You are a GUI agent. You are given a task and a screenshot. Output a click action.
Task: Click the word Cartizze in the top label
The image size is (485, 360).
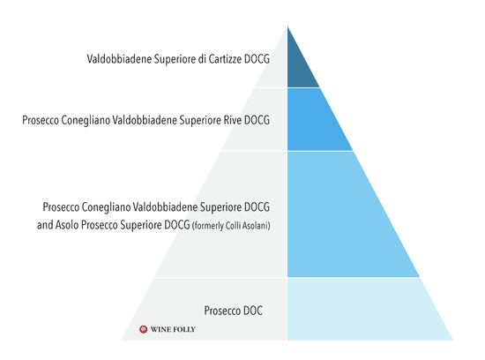click(225, 59)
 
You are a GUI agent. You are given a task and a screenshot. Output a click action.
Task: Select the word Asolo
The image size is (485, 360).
click(67, 225)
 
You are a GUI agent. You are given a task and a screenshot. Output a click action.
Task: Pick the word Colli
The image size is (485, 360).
click(233, 226)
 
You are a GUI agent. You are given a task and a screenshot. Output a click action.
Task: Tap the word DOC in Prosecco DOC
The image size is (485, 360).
click(253, 311)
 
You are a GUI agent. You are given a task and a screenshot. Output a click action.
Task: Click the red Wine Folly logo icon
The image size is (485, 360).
click(143, 329)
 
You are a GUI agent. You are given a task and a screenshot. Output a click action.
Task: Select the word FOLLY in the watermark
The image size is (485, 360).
click(183, 329)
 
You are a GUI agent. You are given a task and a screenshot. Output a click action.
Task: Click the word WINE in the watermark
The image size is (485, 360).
click(160, 329)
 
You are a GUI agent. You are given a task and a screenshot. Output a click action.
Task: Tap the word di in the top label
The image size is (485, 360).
click(202, 59)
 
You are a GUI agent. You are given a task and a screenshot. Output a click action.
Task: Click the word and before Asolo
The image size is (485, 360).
click(45, 225)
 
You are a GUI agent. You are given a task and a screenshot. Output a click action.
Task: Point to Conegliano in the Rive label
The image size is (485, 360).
click(86, 120)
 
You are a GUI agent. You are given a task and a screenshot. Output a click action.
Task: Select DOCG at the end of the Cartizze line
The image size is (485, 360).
click(257, 59)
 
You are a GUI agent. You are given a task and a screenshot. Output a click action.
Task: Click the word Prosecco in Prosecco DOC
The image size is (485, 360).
click(222, 311)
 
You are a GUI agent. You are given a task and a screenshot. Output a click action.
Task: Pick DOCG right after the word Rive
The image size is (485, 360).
click(257, 120)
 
